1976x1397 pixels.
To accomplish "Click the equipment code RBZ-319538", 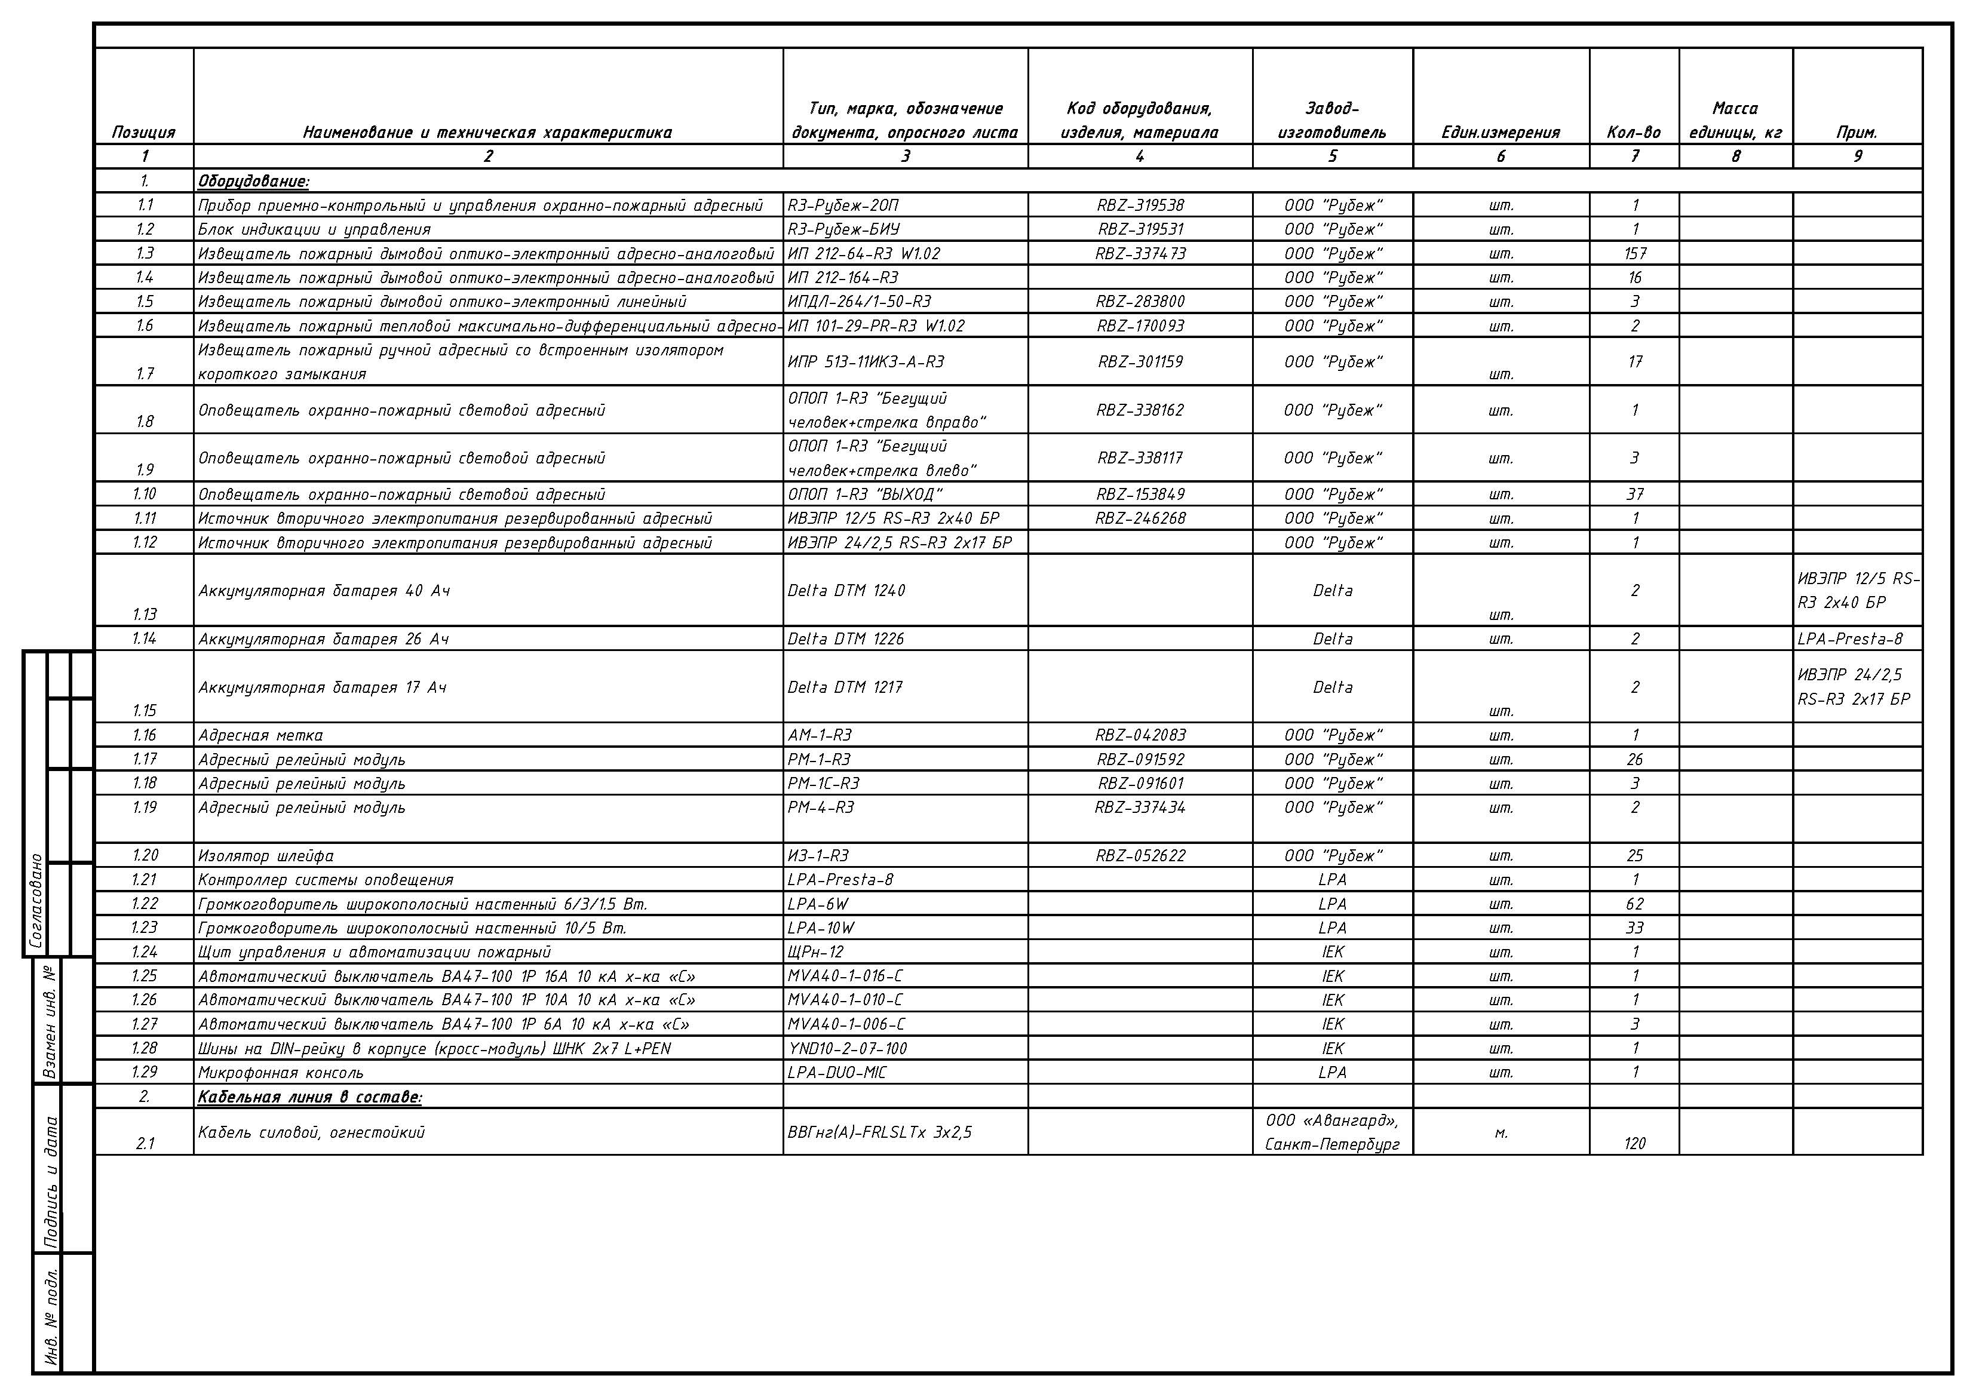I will [x=1140, y=205].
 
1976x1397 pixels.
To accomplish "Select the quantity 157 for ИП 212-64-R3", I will [x=1634, y=254].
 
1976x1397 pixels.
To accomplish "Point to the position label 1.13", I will [x=145, y=615].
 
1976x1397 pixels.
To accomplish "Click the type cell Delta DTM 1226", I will [x=845, y=638].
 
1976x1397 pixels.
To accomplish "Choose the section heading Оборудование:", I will [x=253, y=182].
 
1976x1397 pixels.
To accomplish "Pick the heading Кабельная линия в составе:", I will [x=310, y=1097].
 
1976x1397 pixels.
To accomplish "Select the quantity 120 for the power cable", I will [x=1634, y=1144].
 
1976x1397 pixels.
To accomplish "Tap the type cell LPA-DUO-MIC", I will [x=836, y=1073].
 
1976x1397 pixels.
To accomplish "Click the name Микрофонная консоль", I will [x=281, y=1073].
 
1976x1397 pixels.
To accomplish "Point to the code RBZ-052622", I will [x=1140, y=856].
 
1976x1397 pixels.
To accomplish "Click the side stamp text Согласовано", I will [x=36, y=900].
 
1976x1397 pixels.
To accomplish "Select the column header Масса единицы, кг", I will [x=1735, y=121].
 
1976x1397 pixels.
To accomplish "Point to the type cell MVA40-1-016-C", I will [x=845, y=976].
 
